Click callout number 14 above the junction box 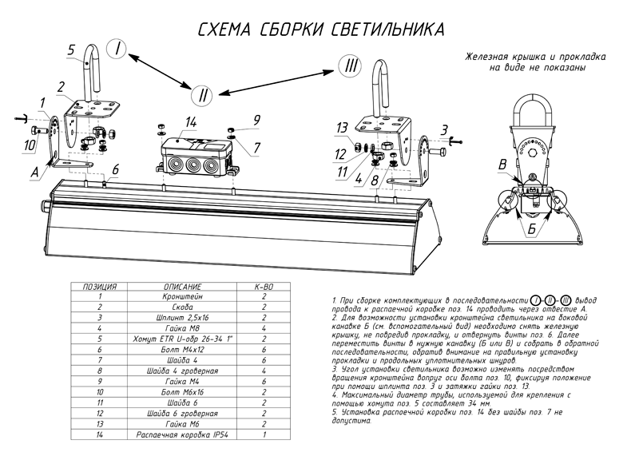point(190,121)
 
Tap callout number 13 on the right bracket point(341,128)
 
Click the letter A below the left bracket point(36,169)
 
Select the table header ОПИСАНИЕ point(181,286)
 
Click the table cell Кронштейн point(181,295)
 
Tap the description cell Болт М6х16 point(181,391)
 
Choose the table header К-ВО point(264,286)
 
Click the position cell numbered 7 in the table point(100,359)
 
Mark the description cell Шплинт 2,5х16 point(181,317)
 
